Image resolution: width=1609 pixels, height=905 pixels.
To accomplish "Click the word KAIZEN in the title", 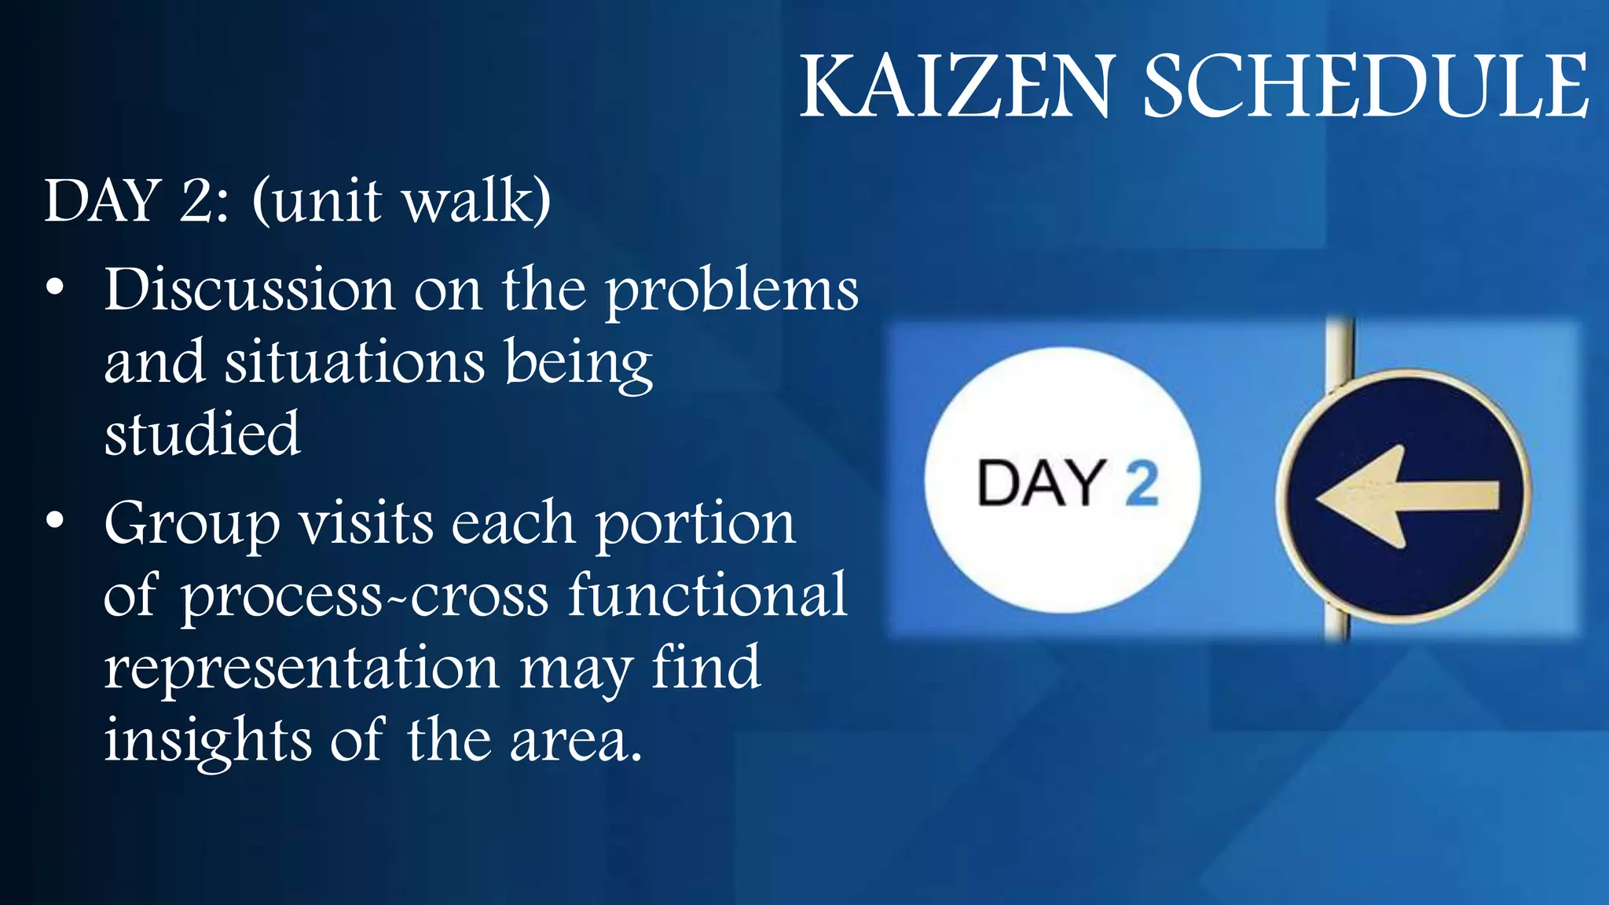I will point(956,86).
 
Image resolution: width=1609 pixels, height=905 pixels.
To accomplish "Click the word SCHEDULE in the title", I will point(1365,86).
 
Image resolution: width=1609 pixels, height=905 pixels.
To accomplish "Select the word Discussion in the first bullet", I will point(249,290).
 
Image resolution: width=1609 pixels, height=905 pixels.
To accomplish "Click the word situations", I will point(354,362).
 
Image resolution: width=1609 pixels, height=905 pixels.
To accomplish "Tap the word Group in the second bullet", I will point(192,525).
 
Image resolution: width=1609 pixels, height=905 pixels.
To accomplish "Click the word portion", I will point(695,525).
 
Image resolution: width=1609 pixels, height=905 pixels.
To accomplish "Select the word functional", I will point(708,595).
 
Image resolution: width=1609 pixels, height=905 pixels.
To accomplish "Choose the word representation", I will point(302,668).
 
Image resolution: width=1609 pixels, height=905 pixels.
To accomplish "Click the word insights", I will point(207,740).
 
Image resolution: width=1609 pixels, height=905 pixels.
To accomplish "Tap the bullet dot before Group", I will point(54,520).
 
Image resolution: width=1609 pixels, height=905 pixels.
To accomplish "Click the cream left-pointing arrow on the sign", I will point(1406,496).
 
